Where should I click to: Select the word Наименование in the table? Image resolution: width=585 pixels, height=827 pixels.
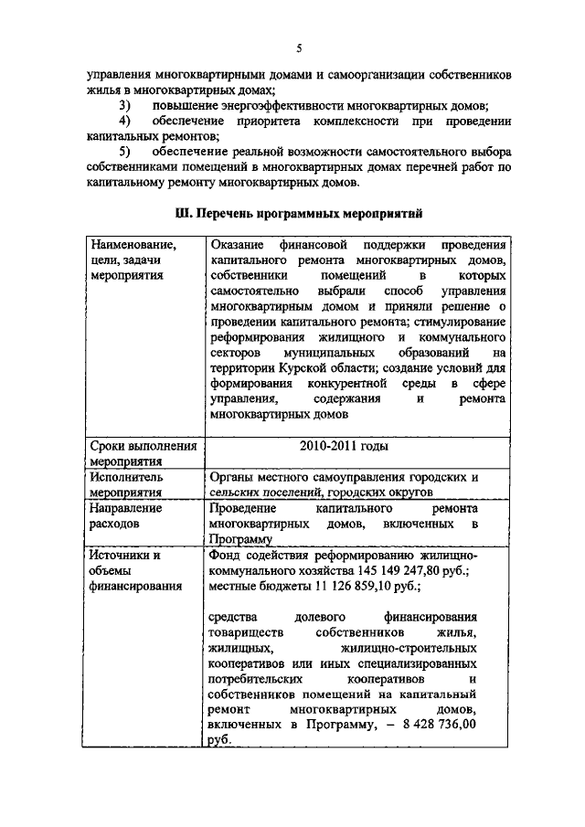[133, 245]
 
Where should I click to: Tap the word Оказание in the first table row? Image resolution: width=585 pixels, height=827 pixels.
[235, 245]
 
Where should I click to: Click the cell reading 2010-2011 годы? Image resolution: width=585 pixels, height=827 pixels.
[343, 446]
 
